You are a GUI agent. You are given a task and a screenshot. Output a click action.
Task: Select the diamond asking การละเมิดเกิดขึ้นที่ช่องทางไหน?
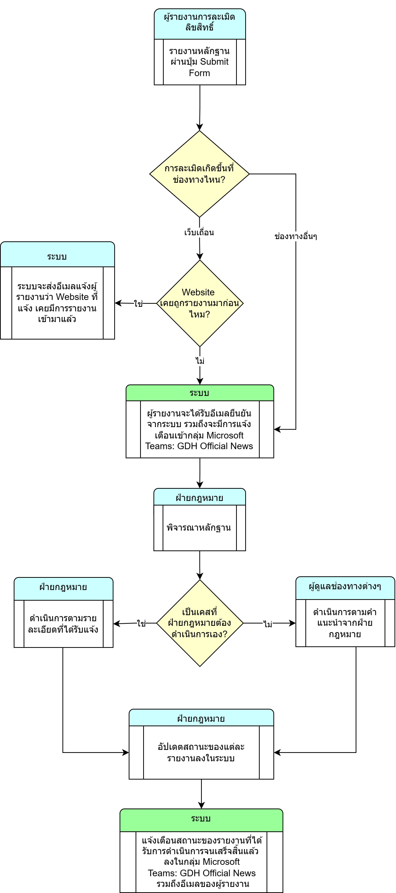199,174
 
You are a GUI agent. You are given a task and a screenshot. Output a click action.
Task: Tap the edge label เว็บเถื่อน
199,232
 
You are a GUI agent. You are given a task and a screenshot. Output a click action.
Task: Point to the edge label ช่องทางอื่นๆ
295,237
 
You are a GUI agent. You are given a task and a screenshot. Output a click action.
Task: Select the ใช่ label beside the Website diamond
138,304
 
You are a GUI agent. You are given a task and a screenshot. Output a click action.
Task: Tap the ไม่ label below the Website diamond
200,361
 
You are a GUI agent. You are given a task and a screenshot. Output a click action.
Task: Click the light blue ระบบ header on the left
57,257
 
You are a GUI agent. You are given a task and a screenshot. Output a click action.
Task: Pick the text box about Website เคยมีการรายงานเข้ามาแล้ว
57,303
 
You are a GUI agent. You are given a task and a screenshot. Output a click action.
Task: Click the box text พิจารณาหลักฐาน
199,528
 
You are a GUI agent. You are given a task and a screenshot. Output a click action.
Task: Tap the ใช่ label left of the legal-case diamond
141,623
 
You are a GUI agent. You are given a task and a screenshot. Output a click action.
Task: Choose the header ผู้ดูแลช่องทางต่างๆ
345,586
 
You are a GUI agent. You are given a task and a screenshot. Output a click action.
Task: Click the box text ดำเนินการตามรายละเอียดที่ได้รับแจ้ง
63,624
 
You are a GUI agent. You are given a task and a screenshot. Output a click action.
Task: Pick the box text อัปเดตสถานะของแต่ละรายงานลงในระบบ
201,752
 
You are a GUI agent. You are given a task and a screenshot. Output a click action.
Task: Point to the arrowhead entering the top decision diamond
199,127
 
